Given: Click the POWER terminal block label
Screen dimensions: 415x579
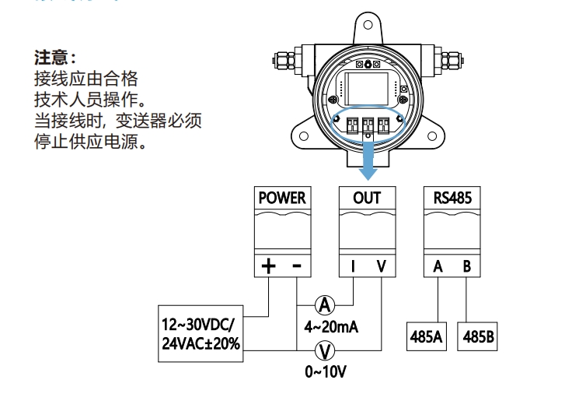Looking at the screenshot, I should click(x=281, y=198).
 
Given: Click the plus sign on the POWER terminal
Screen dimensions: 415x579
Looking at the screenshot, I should click(x=268, y=266).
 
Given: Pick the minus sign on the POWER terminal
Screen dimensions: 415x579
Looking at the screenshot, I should click(x=297, y=266).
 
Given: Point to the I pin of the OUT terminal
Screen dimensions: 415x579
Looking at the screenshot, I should click(x=353, y=266).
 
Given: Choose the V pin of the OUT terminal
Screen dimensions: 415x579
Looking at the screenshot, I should click(x=381, y=266).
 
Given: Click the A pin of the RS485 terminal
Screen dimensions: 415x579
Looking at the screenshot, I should click(x=438, y=266).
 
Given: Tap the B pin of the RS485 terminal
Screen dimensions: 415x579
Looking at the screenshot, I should click(x=466, y=266).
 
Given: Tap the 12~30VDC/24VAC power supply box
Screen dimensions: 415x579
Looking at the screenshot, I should click(x=201, y=337).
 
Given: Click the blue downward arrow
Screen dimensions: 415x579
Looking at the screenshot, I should click(x=367, y=159).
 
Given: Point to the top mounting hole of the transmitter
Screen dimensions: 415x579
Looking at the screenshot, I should click(x=368, y=24).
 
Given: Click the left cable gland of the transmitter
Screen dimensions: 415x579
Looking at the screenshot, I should click(x=288, y=60).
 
